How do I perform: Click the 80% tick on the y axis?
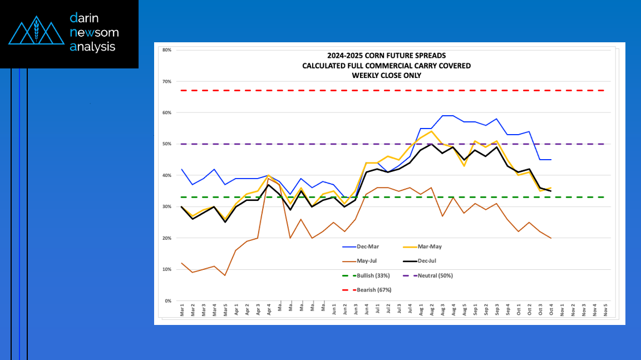[166, 50]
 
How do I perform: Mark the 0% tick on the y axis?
[167, 301]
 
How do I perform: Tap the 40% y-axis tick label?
[166, 175]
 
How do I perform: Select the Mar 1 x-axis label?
[182, 310]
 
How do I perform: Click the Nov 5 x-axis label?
[605, 310]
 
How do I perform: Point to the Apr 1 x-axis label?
[236, 310]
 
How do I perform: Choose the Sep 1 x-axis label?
[475, 310]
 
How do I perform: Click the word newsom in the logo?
[95, 32]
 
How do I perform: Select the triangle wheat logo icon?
[36, 33]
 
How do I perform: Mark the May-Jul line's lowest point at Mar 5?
[225, 275]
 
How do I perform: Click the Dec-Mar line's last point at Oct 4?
[551, 160]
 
